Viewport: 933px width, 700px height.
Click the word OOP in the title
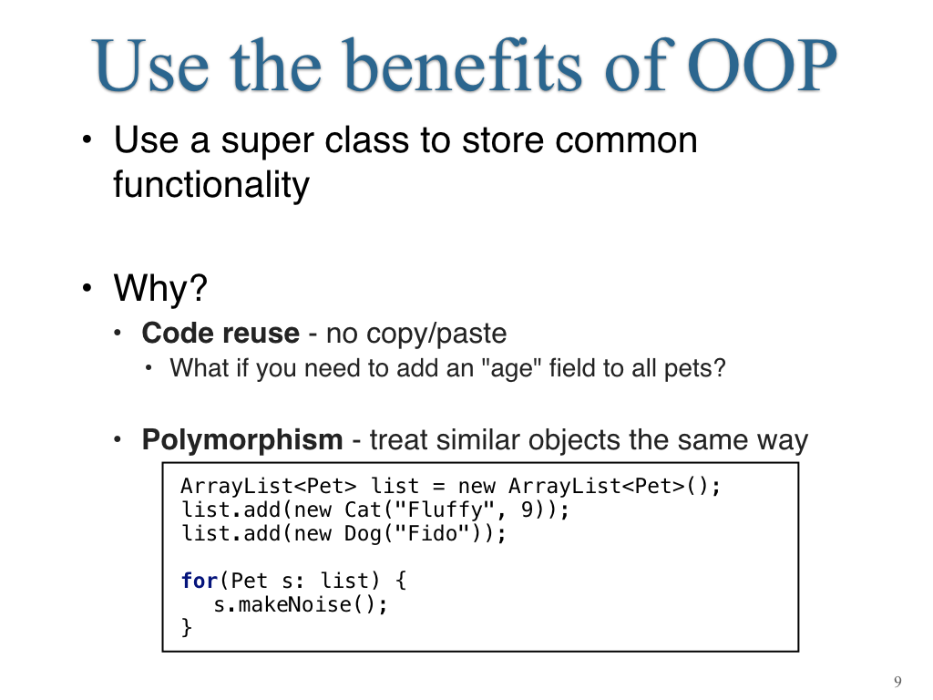[763, 66]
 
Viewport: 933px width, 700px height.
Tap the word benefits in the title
[462, 65]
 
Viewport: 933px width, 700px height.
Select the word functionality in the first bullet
[211, 184]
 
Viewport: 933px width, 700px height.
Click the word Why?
[160, 288]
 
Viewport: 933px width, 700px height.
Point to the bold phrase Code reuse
[220, 333]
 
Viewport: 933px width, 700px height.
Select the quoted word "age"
[515, 368]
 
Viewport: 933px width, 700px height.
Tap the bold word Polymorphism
[242, 440]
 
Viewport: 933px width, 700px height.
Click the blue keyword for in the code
[199, 581]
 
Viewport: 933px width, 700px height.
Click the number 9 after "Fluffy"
[528, 510]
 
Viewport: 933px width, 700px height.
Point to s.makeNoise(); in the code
[301, 605]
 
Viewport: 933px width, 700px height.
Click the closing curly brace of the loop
[186, 627]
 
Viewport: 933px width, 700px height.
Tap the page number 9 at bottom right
[897, 682]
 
